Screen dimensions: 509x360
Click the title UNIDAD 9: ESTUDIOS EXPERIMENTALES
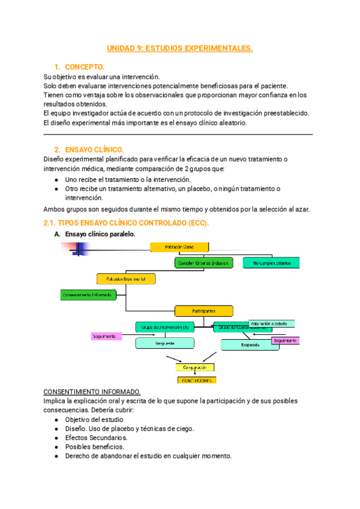tap(180, 49)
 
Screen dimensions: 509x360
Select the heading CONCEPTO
tap(85, 66)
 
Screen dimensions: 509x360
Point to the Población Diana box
tap(179, 247)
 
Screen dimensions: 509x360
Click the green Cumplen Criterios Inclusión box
tap(203, 263)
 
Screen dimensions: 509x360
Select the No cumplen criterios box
tap(271, 263)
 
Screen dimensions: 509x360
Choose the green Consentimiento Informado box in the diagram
tap(85, 295)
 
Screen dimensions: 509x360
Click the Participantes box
tap(203, 311)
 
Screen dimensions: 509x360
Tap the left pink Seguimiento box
tap(106, 336)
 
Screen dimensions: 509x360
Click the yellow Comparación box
tap(195, 367)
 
